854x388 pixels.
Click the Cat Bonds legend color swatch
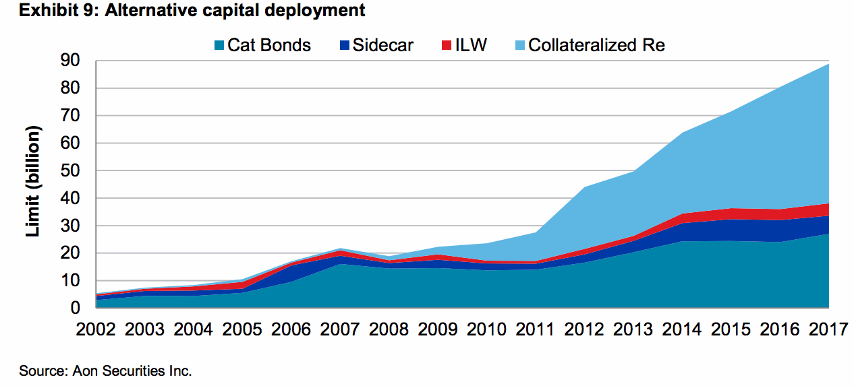(218, 46)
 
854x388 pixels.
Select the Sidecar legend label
(382, 45)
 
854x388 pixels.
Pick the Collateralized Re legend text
(596, 45)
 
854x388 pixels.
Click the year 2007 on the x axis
(339, 330)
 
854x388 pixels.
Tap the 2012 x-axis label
(584, 330)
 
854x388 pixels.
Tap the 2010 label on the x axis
(486, 330)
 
